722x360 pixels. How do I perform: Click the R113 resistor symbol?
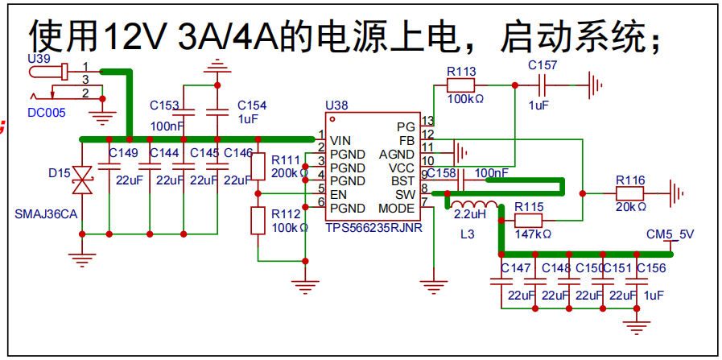pyautogui.click(x=460, y=85)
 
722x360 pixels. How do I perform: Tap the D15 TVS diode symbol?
pyautogui.click(x=82, y=180)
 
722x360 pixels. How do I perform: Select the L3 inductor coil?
pyautogui.click(x=474, y=205)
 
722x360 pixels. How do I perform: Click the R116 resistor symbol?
pyautogui.click(x=629, y=194)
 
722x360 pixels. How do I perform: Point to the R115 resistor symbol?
pyautogui.click(x=528, y=221)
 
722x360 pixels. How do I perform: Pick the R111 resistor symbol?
pyautogui.click(x=258, y=167)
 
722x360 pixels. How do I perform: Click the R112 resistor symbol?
pyautogui.click(x=258, y=221)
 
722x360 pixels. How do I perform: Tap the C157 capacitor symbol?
pyautogui.click(x=543, y=85)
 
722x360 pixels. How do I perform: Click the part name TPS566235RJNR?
pyautogui.click(x=374, y=228)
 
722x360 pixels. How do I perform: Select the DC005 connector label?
pyautogui.click(x=47, y=113)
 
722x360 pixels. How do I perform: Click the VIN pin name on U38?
pyautogui.click(x=341, y=140)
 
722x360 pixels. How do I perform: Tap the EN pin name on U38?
pyautogui.click(x=338, y=194)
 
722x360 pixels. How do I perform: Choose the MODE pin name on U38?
pyautogui.click(x=397, y=209)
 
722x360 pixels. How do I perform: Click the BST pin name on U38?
pyautogui.click(x=403, y=180)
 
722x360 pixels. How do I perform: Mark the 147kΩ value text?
pyautogui.click(x=533, y=234)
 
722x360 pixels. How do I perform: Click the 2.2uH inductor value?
pyautogui.click(x=471, y=215)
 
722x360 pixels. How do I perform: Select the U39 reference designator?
pyautogui.click(x=39, y=59)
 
